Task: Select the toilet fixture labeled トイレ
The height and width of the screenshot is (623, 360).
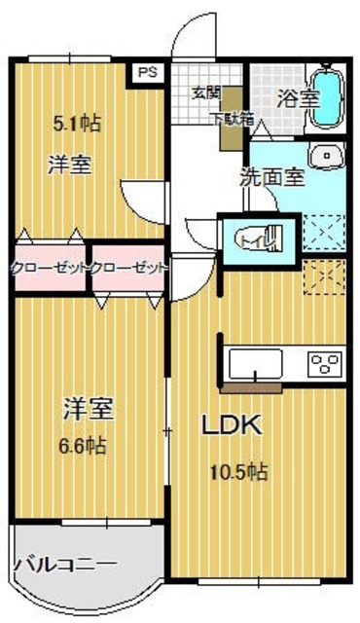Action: [x=258, y=236]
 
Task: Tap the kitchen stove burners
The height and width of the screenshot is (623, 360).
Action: [x=322, y=365]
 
